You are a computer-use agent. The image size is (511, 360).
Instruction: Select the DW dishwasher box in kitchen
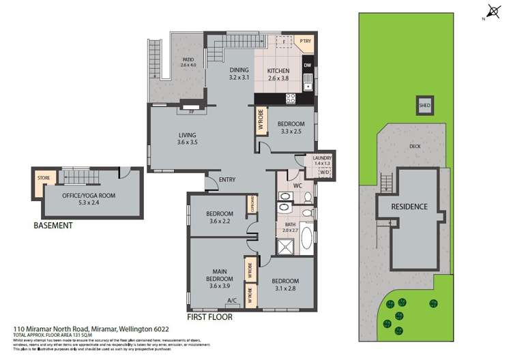[308, 65]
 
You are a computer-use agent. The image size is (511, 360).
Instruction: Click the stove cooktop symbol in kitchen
[290, 97]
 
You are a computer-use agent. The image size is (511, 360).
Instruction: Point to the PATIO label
[188, 60]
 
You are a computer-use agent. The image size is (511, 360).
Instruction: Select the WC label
[296, 185]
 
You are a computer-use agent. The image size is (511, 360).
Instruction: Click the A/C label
[231, 300]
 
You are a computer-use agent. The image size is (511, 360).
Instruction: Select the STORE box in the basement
[44, 179]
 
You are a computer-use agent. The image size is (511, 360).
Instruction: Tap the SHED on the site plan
[424, 106]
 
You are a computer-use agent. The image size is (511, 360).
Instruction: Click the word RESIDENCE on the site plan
[409, 207]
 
